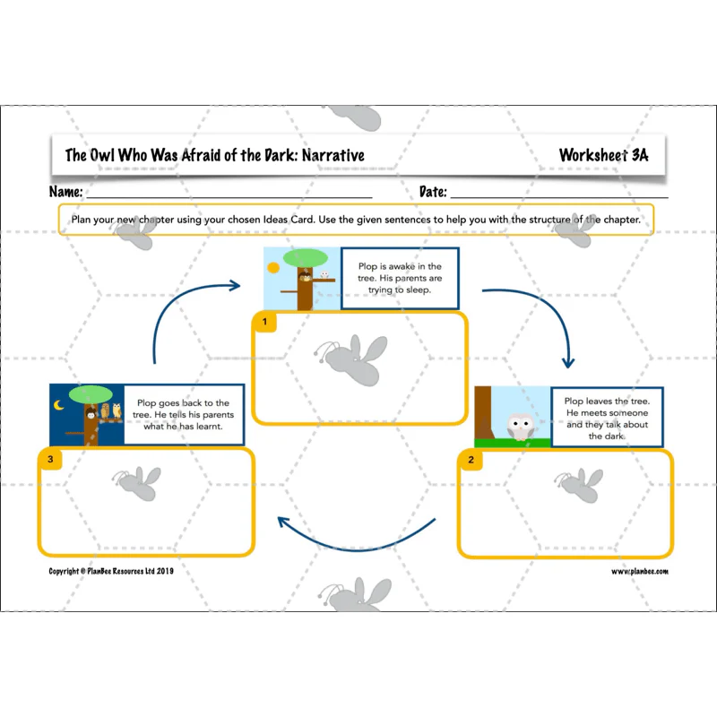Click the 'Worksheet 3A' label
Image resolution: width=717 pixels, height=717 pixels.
click(603, 155)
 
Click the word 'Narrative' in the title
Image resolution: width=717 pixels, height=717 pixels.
click(333, 155)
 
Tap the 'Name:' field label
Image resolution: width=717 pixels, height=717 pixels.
click(65, 191)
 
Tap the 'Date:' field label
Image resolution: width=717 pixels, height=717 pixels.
click(433, 191)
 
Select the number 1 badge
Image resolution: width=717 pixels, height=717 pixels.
click(264, 322)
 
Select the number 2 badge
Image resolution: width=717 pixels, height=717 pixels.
click(471, 460)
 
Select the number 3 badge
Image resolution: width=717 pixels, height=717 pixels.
click(50, 459)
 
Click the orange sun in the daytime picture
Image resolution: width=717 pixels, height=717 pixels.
click(273, 267)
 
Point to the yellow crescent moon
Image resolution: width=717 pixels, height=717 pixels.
click(58, 405)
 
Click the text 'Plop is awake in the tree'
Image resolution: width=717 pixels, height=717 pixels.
click(400, 272)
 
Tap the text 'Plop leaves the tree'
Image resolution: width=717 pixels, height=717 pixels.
click(607, 401)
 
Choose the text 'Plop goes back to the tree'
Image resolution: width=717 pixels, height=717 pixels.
click(183, 409)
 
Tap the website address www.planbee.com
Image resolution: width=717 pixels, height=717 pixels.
click(640, 571)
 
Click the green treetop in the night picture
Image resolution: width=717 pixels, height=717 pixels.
click(91, 394)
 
